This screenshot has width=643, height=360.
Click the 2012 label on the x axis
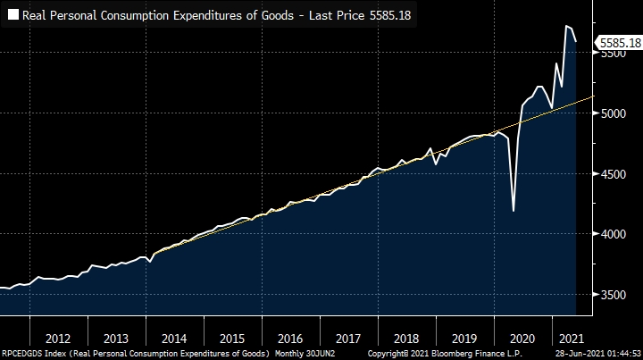click(x=57, y=339)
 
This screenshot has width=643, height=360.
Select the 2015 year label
click(x=231, y=339)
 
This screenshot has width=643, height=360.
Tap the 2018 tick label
click(x=405, y=339)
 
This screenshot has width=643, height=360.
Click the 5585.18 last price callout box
click(x=620, y=42)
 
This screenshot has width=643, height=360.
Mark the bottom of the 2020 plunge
click(x=514, y=211)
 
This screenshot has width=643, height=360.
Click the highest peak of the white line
click(x=567, y=26)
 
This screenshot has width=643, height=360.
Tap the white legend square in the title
click(x=14, y=15)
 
